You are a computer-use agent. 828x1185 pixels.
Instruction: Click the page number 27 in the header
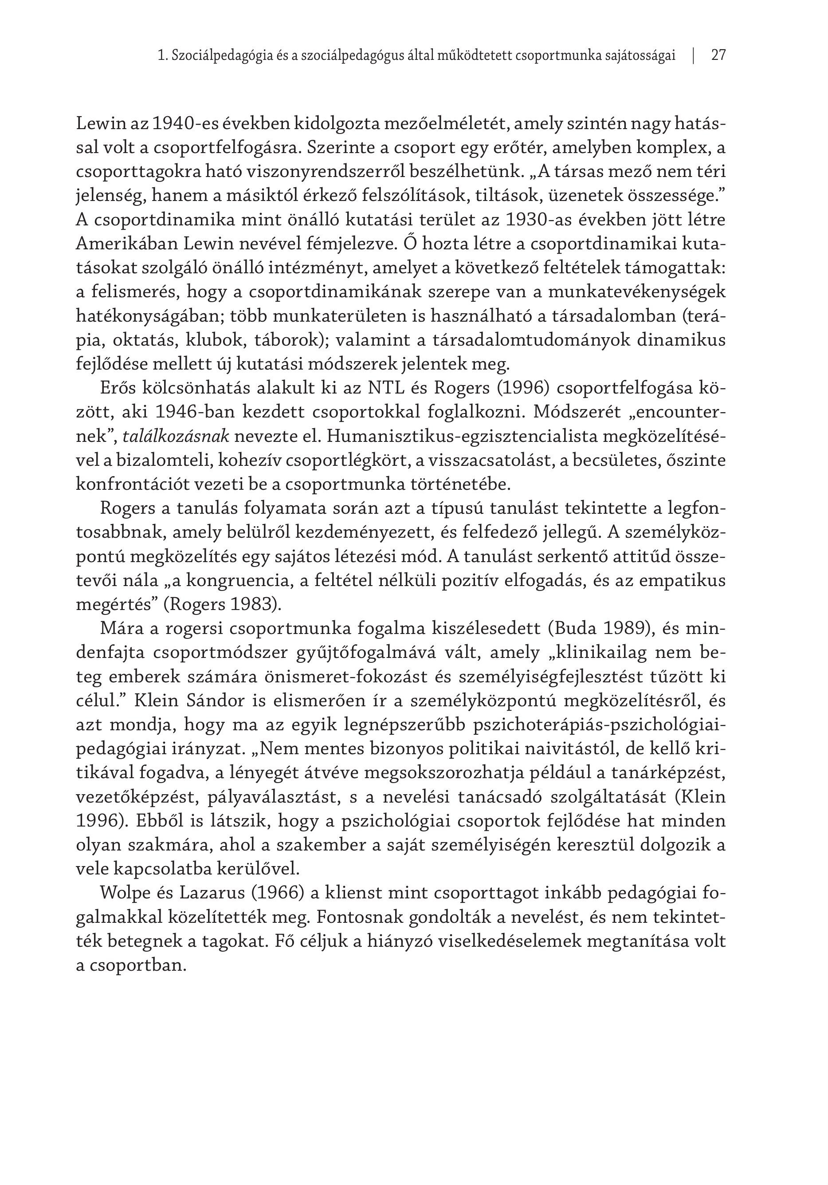718,55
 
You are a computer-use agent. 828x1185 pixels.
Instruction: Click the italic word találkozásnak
176,437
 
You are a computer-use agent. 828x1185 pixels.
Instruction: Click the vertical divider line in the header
693,55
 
